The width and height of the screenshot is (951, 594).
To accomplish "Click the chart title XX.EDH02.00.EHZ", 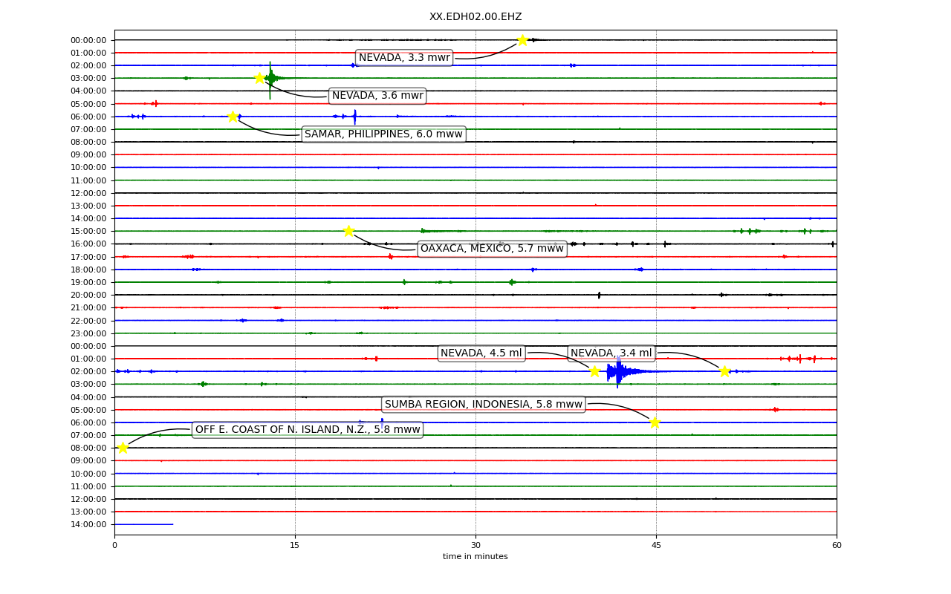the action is tap(475, 16).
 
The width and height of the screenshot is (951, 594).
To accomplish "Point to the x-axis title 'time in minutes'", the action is tap(475, 556).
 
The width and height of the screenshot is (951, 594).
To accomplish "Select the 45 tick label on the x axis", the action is tap(656, 545).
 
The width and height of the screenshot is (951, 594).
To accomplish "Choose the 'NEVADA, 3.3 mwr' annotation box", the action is tap(404, 57).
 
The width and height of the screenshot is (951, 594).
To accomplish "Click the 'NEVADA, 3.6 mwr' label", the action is tap(377, 96).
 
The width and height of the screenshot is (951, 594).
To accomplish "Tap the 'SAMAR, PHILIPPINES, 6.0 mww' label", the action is tap(383, 134).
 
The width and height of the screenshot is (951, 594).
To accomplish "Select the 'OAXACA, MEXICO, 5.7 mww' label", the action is tap(492, 248).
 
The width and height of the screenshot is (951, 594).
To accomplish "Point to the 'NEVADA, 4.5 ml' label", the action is tap(481, 353).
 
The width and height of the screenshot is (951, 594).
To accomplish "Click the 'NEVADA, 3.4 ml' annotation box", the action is tap(611, 353).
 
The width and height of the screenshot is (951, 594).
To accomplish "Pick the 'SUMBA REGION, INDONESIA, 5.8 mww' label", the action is tap(484, 404).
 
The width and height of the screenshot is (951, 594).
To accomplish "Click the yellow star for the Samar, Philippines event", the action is tap(233, 117).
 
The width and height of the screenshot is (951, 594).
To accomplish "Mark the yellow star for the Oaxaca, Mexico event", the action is tap(348, 231).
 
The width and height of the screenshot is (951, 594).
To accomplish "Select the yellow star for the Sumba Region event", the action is tap(655, 422).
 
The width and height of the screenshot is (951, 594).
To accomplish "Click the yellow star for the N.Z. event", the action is tap(123, 448).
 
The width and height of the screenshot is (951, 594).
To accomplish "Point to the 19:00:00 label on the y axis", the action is tap(88, 283).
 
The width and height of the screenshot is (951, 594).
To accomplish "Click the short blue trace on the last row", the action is tap(144, 524).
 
